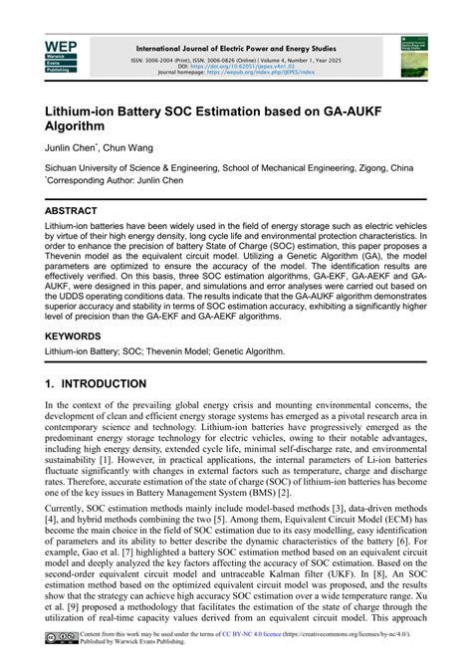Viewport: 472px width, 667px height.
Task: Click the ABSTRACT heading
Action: (71, 211)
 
